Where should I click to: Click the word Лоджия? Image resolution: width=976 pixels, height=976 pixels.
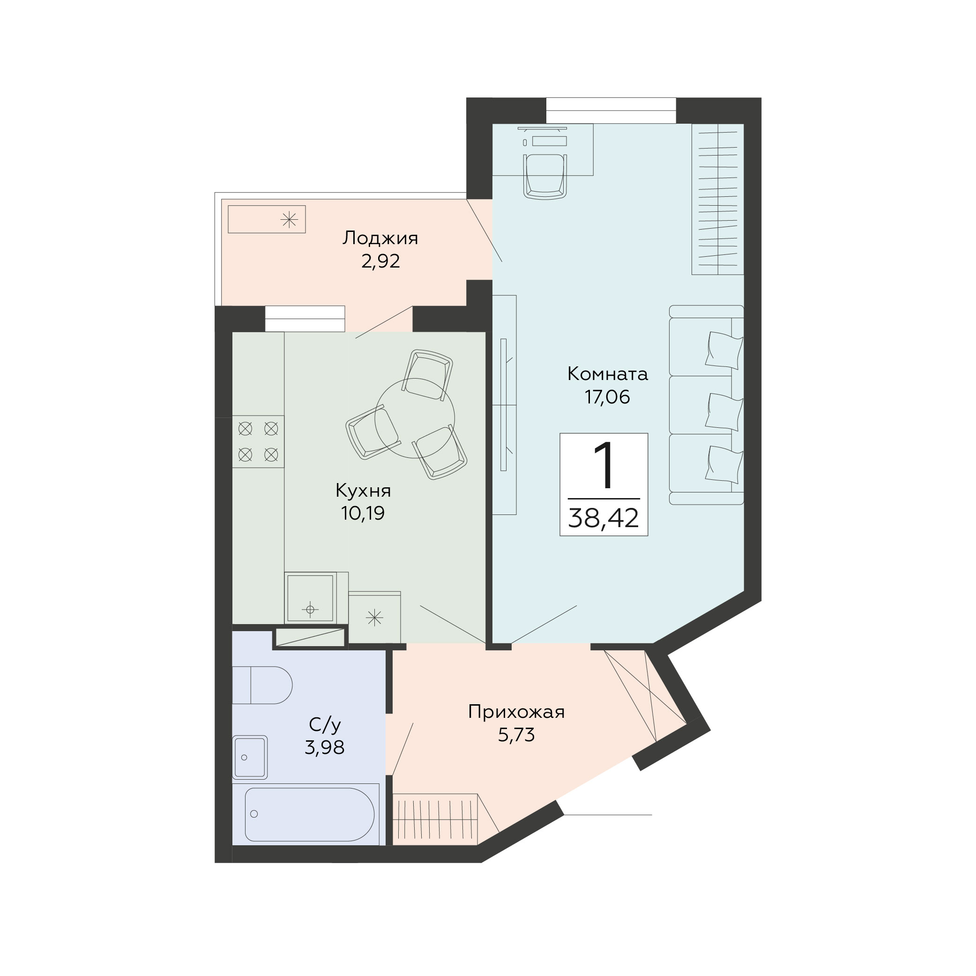pyautogui.click(x=380, y=238)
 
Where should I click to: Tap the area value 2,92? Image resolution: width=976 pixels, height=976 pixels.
pyautogui.click(x=380, y=261)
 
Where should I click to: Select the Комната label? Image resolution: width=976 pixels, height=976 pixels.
pyautogui.click(x=607, y=374)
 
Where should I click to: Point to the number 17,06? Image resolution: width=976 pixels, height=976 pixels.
pyautogui.click(x=607, y=397)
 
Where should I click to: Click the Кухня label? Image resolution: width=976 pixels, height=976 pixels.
pyautogui.click(x=363, y=491)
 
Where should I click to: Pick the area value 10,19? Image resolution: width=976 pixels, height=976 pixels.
pyautogui.click(x=363, y=513)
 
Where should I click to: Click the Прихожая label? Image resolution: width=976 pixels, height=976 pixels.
pyautogui.click(x=516, y=712)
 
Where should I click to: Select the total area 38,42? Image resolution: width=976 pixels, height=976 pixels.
pyautogui.click(x=603, y=518)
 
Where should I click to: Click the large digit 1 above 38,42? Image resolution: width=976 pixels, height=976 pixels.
pyautogui.click(x=604, y=465)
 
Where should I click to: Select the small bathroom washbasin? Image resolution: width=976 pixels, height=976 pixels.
pyautogui.click(x=250, y=757)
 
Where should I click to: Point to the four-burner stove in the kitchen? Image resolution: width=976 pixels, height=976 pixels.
pyautogui.click(x=258, y=441)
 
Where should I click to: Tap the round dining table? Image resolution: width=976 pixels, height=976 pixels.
pyautogui.click(x=415, y=418)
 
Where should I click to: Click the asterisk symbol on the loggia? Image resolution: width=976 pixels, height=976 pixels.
pyautogui.click(x=289, y=219)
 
